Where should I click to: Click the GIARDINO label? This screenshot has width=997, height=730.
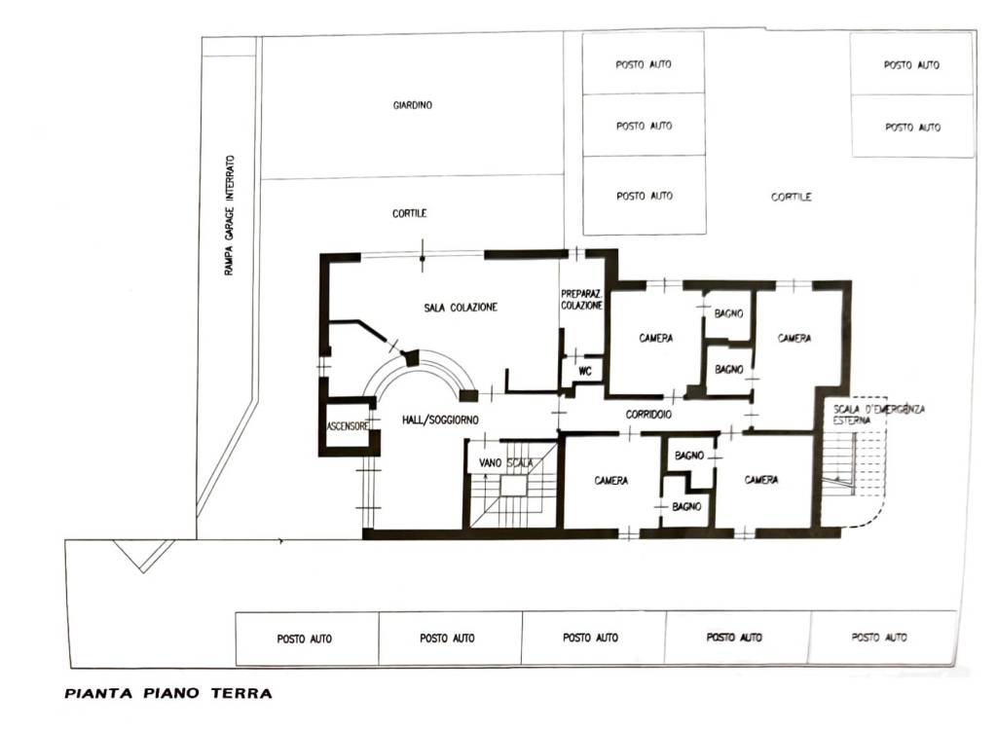[x=413, y=105]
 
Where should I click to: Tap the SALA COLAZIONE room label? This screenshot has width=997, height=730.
[x=461, y=308]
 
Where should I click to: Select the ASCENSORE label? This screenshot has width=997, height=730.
[x=348, y=426]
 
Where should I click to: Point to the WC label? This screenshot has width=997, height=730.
[x=585, y=372]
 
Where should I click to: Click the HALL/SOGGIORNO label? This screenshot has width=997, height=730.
[x=440, y=420]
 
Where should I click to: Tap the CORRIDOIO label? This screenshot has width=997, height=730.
[x=648, y=415]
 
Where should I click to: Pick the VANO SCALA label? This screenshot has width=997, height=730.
[x=506, y=463]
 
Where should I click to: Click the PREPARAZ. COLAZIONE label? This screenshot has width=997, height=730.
[x=581, y=300]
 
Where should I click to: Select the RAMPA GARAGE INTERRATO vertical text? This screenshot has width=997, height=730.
[x=229, y=215]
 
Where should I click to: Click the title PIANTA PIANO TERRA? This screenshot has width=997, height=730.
[x=168, y=693]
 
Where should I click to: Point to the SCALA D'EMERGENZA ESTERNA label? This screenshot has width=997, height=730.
[x=879, y=415]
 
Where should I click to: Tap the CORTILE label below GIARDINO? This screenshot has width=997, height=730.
[x=410, y=214]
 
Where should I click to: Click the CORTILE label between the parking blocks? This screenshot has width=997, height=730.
[x=791, y=198]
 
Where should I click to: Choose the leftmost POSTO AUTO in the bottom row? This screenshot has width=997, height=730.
[x=304, y=639]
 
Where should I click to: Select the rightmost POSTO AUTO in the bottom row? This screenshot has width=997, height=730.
[x=879, y=638]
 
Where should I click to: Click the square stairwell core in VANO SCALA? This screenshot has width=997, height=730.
[x=513, y=487]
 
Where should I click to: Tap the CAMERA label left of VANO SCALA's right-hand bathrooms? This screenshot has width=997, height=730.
[x=611, y=481]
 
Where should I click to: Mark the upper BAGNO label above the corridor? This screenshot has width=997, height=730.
[x=728, y=313]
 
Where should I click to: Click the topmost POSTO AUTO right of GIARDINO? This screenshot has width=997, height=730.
[x=644, y=64]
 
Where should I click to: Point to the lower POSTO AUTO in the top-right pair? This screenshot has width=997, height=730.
[x=912, y=128]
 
